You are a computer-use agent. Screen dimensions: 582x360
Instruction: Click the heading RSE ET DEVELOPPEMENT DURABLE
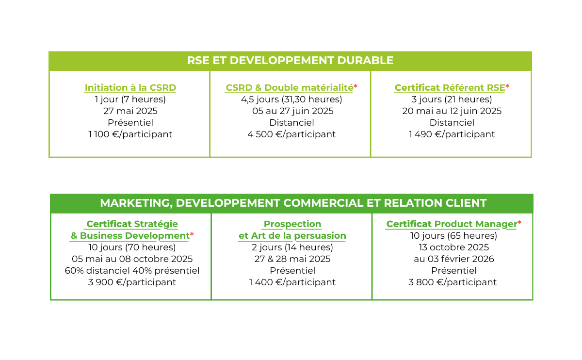pyautogui.click(x=290, y=60)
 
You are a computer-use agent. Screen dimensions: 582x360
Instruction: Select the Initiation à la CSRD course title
pyautogui.click(x=130, y=88)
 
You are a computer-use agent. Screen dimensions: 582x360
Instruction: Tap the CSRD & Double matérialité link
pyautogui.click(x=289, y=88)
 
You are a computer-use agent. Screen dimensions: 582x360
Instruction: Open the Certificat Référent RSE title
pyautogui.click(x=450, y=88)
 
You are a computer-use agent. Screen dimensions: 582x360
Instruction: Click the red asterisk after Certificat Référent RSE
pyautogui.click(x=507, y=86)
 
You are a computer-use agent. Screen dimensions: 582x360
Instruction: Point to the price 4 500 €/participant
pyautogui.click(x=291, y=134)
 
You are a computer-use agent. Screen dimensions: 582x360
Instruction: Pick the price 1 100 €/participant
pyautogui.click(x=130, y=134)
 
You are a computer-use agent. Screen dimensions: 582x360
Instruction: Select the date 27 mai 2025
pyautogui.click(x=130, y=111)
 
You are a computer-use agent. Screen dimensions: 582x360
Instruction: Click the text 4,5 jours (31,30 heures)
pyautogui.click(x=291, y=99)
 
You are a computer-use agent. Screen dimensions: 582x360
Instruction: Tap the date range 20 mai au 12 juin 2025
pyautogui.click(x=452, y=111)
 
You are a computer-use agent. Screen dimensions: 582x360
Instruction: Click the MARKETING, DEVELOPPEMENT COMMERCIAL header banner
pyautogui.click(x=291, y=203)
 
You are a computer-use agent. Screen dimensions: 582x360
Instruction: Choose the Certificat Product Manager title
pyautogui.click(x=452, y=224)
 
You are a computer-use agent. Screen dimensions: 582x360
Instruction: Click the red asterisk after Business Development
pyautogui.click(x=192, y=234)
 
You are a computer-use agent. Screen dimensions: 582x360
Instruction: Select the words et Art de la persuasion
pyautogui.click(x=292, y=235)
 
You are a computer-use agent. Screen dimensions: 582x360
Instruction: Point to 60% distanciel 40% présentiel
pyautogui.click(x=132, y=271)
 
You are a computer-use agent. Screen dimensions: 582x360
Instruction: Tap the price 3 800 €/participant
pyautogui.click(x=453, y=282)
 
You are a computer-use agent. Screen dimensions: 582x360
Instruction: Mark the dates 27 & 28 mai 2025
pyautogui.click(x=292, y=259)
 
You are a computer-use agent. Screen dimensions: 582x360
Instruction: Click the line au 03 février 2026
pyautogui.click(x=453, y=259)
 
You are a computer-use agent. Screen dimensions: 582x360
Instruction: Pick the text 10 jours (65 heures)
pyautogui.click(x=453, y=235)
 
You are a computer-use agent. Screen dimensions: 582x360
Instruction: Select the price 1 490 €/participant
pyautogui.click(x=452, y=134)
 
